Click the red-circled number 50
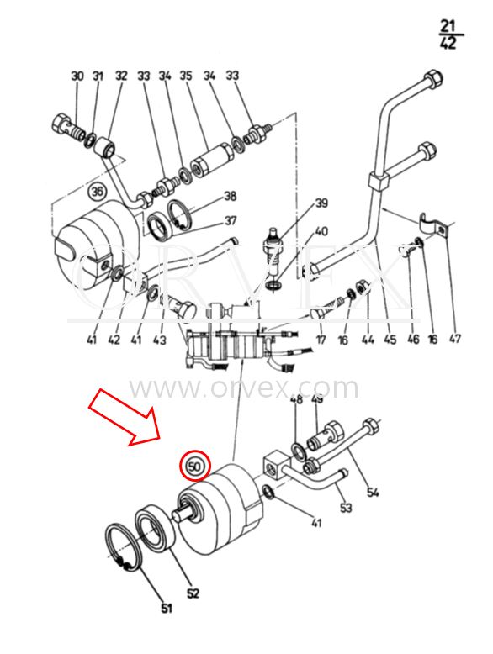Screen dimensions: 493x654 click(x=194, y=467)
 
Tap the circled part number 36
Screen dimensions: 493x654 click(x=98, y=193)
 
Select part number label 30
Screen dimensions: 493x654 click(x=77, y=76)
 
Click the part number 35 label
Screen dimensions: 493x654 click(x=186, y=76)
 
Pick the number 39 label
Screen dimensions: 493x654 click(x=321, y=203)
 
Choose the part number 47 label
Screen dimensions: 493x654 click(x=454, y=338)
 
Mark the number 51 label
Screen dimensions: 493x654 click(x=167, y=609)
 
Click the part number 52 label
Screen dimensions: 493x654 click(x=193, y=593)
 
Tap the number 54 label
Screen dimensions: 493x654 click(x=373, y=492)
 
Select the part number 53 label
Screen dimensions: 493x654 click(x=346, y=508)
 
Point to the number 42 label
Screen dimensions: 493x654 click(x=114, y=340)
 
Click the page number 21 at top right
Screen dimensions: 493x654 click(x=447, y=27)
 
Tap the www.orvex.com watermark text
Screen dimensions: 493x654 click(x=244, y=388)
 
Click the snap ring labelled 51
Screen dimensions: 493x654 click(x=124, y=546)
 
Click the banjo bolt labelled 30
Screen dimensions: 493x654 click(x=68, y=126)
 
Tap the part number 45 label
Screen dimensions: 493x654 click(x=390, y=340)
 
